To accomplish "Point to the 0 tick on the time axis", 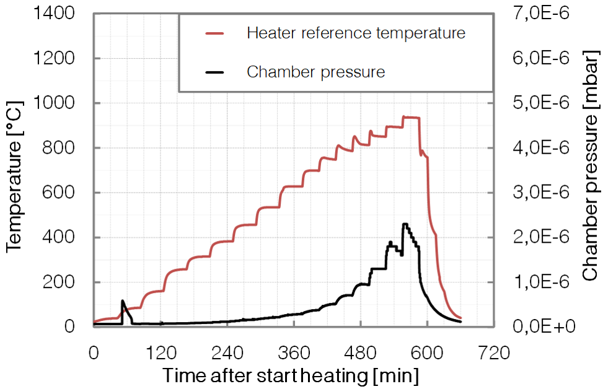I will pos(94,354).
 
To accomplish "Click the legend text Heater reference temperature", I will pos(356,33).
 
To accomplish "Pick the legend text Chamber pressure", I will pos(315,72).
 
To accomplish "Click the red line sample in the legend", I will pos(217,33).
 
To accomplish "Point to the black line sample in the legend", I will pos(217,72).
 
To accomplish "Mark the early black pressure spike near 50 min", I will pos(123,302).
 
